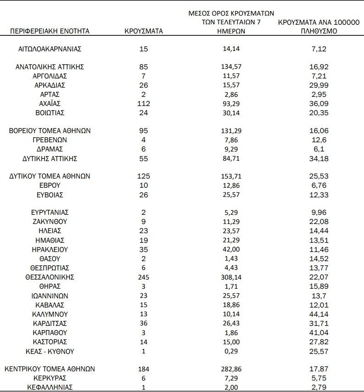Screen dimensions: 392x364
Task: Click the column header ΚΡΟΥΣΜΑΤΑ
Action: point(144,31)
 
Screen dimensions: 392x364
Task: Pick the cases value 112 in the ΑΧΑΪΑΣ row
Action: point(144,103)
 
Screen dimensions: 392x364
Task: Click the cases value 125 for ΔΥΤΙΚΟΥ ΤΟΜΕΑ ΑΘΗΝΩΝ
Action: point(144,176)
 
